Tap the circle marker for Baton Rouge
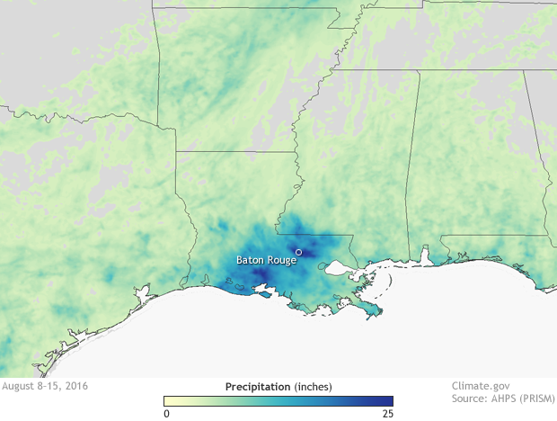pyautogui.click(x=298, y=252)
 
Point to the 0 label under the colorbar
pyautogui.click(x=166, y=414)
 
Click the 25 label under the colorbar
pyautogui.click(x=387, y=414)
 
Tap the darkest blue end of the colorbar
pyautogui.click(x=389, y=401)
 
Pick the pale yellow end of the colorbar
pyautogui.click(x=167, y=401)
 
